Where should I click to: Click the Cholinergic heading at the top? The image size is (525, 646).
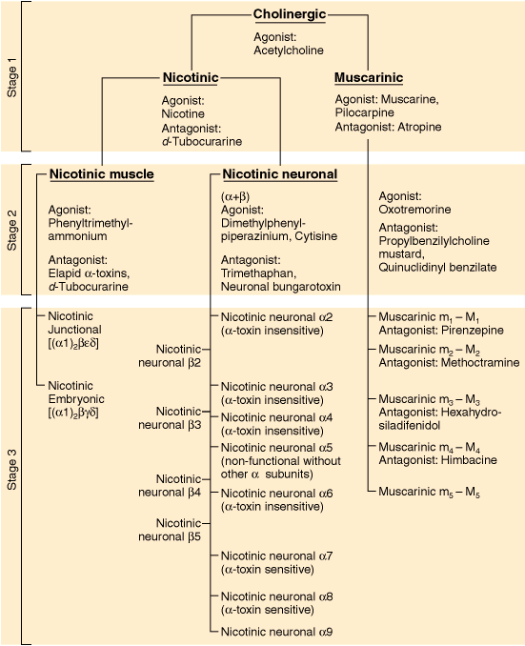point(290,14)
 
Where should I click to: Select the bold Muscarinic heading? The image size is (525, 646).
point(369,77)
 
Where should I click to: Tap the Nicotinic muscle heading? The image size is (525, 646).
point(101,173)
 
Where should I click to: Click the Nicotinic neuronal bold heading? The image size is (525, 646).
point(280,173)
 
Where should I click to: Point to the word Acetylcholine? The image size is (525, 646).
point(289,50)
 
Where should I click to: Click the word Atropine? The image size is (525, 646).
point(419,127)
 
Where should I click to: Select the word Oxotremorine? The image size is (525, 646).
point(414,210)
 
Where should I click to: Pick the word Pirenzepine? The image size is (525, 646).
point(473,331)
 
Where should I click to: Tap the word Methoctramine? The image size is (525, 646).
point(480,363)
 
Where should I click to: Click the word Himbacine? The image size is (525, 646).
point(469,460)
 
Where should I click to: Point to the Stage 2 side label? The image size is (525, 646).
point(12,230)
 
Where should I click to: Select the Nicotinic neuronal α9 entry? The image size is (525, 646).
point(276,632)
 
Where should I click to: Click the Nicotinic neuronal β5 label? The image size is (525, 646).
point(170,530)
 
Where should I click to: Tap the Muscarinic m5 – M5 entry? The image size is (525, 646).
point(429,492)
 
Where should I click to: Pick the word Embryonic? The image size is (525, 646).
point(76,399)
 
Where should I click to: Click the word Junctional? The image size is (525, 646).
point(74,330)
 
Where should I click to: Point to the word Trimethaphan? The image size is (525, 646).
point(258,273)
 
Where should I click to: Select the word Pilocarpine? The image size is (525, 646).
point(364,112)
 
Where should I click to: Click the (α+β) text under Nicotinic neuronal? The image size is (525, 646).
point(235,196)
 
